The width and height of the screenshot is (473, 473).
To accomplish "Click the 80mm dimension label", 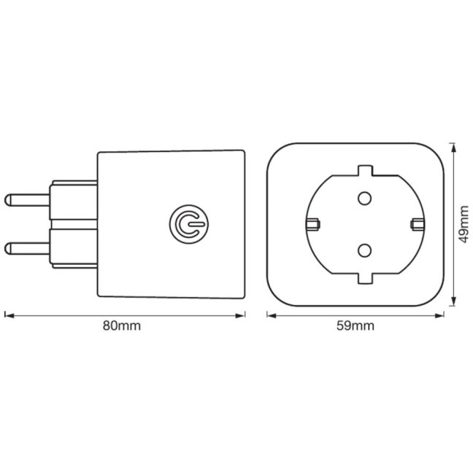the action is (122, 326).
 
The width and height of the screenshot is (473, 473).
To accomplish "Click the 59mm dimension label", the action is (355, 326).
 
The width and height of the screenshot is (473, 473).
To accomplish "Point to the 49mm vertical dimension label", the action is (464, 224).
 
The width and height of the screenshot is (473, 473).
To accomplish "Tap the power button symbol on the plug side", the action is (189, 224).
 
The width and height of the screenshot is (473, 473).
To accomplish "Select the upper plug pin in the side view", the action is (27, 200).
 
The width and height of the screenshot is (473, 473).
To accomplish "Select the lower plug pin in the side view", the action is (27, 248).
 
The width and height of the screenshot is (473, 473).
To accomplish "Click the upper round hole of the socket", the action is (364, 199).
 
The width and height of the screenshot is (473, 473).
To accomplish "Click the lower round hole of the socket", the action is (364, 250).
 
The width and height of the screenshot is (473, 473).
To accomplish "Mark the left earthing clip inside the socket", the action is (313, 224).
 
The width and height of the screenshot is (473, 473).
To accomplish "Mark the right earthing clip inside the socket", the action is (418, 224).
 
